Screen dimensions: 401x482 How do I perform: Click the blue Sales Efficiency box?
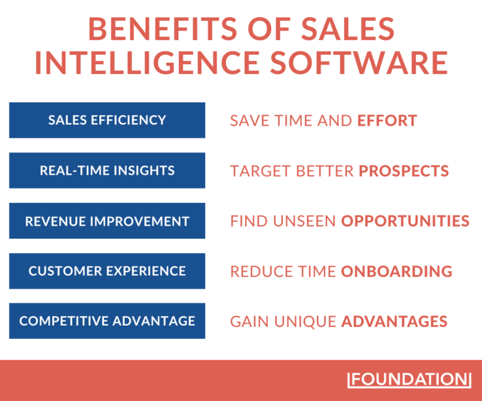click(x=107, y=120)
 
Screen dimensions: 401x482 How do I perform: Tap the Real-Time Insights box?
click(x=107, y=170)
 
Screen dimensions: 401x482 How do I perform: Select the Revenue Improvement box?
click(x=107, y=221)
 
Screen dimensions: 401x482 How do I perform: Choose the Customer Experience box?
click(x=107, y=271)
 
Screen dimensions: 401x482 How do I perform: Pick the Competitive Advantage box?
click(x=107, y=321)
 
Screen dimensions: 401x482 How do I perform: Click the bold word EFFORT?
click(x=387, y=120)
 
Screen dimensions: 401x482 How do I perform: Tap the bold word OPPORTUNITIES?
click(x=405, y=221)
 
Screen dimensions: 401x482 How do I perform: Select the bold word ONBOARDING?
click(x=397, y=271)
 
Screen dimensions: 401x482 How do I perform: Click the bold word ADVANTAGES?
click(x=394, y=321)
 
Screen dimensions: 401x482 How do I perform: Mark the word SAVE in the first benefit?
click(x=249, y=120)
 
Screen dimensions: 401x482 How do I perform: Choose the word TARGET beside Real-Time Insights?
click(x=257, y=170)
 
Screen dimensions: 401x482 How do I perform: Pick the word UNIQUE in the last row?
click(x=308, y=321)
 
